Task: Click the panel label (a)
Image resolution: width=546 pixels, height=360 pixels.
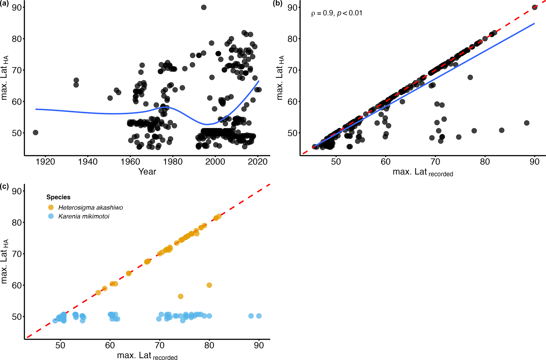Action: pos(4,4)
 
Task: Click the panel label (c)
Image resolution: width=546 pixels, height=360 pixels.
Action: pos(4,187)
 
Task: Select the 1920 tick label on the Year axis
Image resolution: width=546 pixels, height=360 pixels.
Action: pos(45,162)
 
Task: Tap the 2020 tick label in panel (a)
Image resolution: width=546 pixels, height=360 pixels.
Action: pos(258,162)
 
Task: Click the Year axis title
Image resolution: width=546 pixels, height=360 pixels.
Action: pos(147,172)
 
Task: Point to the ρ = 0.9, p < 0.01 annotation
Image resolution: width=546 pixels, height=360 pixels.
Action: pos(337,13)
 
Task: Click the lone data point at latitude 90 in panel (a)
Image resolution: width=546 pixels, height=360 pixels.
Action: pos(204,7)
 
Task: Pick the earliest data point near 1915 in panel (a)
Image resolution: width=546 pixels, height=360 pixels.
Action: pos(35,132)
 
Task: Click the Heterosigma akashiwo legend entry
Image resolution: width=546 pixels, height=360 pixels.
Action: pos(91,207)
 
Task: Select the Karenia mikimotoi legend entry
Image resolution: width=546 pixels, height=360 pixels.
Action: pos(84,216)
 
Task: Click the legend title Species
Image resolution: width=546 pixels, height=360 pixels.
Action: pos(58,197)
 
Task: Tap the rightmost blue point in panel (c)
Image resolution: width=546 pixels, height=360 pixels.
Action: pos(259,316)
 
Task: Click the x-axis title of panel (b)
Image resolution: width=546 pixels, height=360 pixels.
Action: pos(423,172)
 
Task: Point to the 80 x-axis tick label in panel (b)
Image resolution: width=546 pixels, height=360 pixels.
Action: pos(485,162)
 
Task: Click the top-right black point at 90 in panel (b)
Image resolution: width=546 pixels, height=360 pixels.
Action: pos(534,7)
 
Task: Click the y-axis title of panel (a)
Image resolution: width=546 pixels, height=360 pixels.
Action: pos(4,78)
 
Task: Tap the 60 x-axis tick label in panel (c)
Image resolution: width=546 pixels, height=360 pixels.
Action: pos(110,345)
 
